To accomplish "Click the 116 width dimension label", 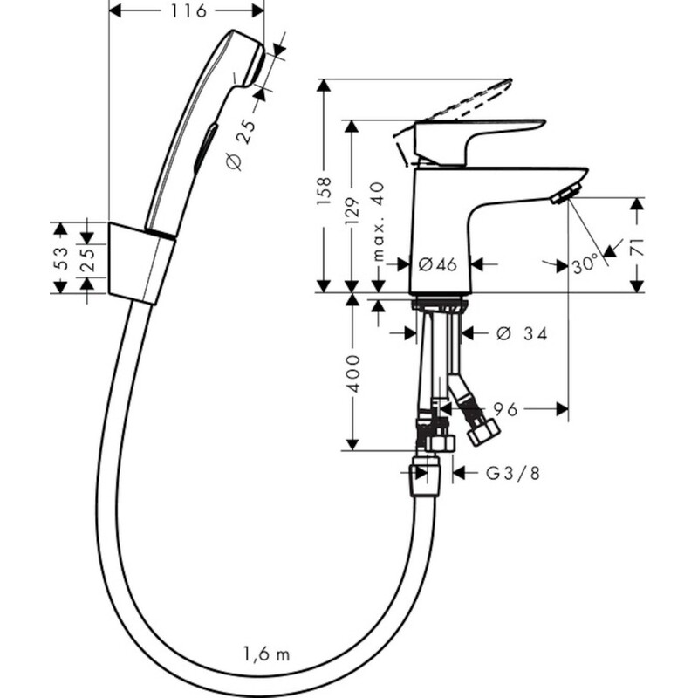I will click(x=188, y=11).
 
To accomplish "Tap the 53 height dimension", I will click(x=60, y=257).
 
